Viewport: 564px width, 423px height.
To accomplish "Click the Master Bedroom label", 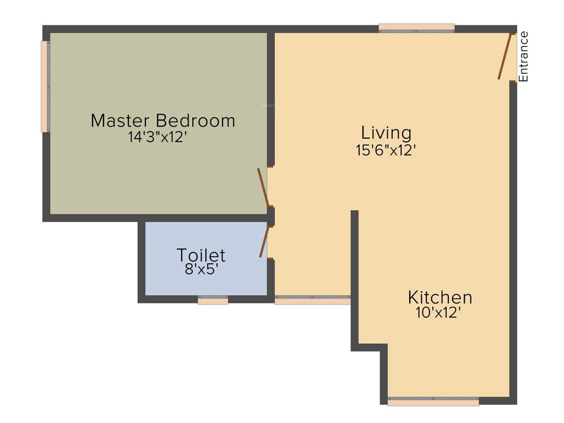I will (x=162, y=120).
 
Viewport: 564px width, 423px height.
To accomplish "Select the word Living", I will (x=386, y=133).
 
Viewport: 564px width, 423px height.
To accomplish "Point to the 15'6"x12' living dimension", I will (x=385, y=150).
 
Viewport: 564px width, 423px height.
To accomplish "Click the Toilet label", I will (x=200, y=255).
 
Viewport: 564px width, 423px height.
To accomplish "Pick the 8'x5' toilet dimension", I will (x=201, y=270).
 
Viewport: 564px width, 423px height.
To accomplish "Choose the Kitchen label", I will (x=440, y=297).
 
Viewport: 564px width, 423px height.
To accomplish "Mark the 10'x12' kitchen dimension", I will (x=438, y=313).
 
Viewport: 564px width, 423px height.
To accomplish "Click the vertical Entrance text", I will (x=524, y=57).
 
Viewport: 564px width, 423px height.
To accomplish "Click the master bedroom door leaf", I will (x=263, y=187).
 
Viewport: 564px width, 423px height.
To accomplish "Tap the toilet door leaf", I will (x=264, y=241).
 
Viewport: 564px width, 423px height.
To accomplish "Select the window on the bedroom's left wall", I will (x=45, y=86).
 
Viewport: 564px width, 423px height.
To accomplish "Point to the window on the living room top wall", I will (x=416, y=27).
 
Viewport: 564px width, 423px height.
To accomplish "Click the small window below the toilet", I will (x=213, y=301).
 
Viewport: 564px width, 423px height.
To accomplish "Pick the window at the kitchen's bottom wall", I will (x=433, y=402).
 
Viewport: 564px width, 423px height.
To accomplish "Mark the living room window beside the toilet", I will (x=312, y=301).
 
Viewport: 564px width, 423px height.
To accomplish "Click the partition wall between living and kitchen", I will (x=355, y=275).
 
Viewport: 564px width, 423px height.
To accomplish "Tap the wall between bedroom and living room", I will (x=270, y=99).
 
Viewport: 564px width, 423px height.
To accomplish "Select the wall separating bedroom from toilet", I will (x=204, y=218).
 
